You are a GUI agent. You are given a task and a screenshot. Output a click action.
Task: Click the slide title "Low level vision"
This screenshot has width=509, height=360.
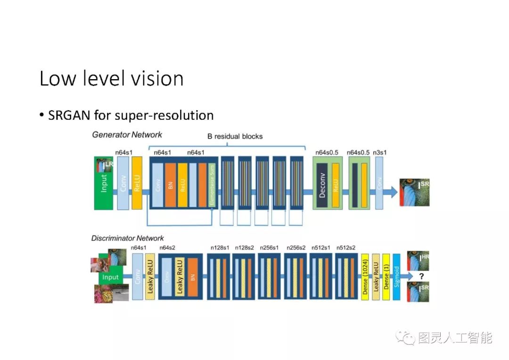click(x=111, y=78)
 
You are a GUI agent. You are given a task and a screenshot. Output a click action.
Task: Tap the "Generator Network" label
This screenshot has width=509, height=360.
click(x=127, y=135)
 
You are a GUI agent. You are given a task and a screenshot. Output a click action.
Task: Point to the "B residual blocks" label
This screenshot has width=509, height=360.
click(x=235, y=137)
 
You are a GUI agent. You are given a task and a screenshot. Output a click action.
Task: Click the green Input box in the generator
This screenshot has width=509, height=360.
click(x=104, y=183)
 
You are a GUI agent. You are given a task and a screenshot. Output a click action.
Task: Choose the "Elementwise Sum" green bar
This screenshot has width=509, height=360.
click(x=212, y=185)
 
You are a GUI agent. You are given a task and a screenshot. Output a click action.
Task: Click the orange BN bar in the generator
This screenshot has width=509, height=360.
click(x=170, y=185)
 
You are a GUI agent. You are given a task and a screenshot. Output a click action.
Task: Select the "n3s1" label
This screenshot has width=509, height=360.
click(x=379, y=152)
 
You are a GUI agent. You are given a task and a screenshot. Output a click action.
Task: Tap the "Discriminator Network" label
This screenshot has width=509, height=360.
click(x=128, y=238)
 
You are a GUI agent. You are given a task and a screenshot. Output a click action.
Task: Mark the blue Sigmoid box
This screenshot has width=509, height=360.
click(x=396, y=277)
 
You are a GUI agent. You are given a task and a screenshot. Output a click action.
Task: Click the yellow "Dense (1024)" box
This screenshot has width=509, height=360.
click(x=365, y=277)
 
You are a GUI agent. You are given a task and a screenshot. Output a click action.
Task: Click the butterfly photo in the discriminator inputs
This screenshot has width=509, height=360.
click(x=105, y=293)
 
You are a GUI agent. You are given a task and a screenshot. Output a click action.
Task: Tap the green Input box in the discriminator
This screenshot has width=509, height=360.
click(x=111, y=277)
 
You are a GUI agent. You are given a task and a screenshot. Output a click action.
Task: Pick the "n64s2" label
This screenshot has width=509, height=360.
click(x=168, y=247)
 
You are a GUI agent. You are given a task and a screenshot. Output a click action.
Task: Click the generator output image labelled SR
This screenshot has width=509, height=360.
click(x=414, y=192)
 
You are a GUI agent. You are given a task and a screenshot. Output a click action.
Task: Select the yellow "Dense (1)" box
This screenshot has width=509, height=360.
click(x=386, y=277)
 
